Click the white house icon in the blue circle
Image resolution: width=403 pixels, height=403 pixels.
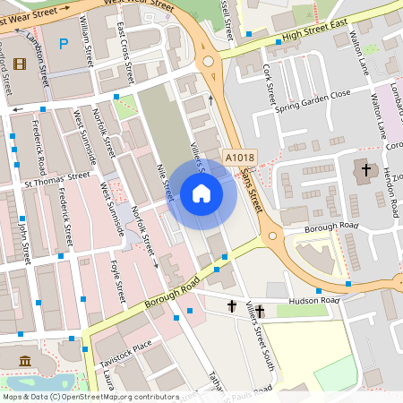[201, 193]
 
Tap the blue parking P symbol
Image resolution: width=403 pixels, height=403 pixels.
[63, 43]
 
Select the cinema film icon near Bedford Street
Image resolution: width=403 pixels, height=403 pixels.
[20, 62]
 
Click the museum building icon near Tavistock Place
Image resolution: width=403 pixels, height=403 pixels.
[24, 361]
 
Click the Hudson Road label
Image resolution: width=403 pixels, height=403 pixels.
[315, 302]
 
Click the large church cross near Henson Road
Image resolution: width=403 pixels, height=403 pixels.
[364, 169]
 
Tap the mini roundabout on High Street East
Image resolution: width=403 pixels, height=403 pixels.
[210, 62]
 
